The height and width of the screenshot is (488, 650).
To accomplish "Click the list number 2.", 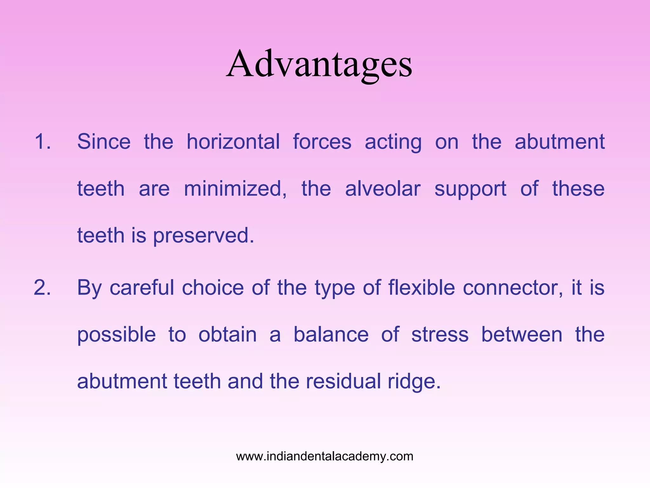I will (42, 288).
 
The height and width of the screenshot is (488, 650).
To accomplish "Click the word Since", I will (104, 141).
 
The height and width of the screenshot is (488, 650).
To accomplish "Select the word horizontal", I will (233, 141).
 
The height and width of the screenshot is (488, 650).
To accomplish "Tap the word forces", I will (322, 141).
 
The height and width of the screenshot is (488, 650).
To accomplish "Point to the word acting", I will (393, 142).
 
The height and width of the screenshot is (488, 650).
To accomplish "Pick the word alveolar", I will (382, 189).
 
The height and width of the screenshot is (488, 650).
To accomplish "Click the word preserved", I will (203, 236).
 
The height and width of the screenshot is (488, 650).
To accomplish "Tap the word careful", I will (142, 288).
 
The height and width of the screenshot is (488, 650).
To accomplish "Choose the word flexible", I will (421, 288).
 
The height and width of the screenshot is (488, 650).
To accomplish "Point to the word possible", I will (116, 335).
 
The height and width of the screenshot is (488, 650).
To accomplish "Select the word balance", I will (331, 335).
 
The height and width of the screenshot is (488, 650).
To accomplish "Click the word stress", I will (440, 335).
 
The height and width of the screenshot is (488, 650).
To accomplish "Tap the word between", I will (522, 335).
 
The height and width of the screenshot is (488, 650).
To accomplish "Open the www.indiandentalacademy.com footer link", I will (325, 456).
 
